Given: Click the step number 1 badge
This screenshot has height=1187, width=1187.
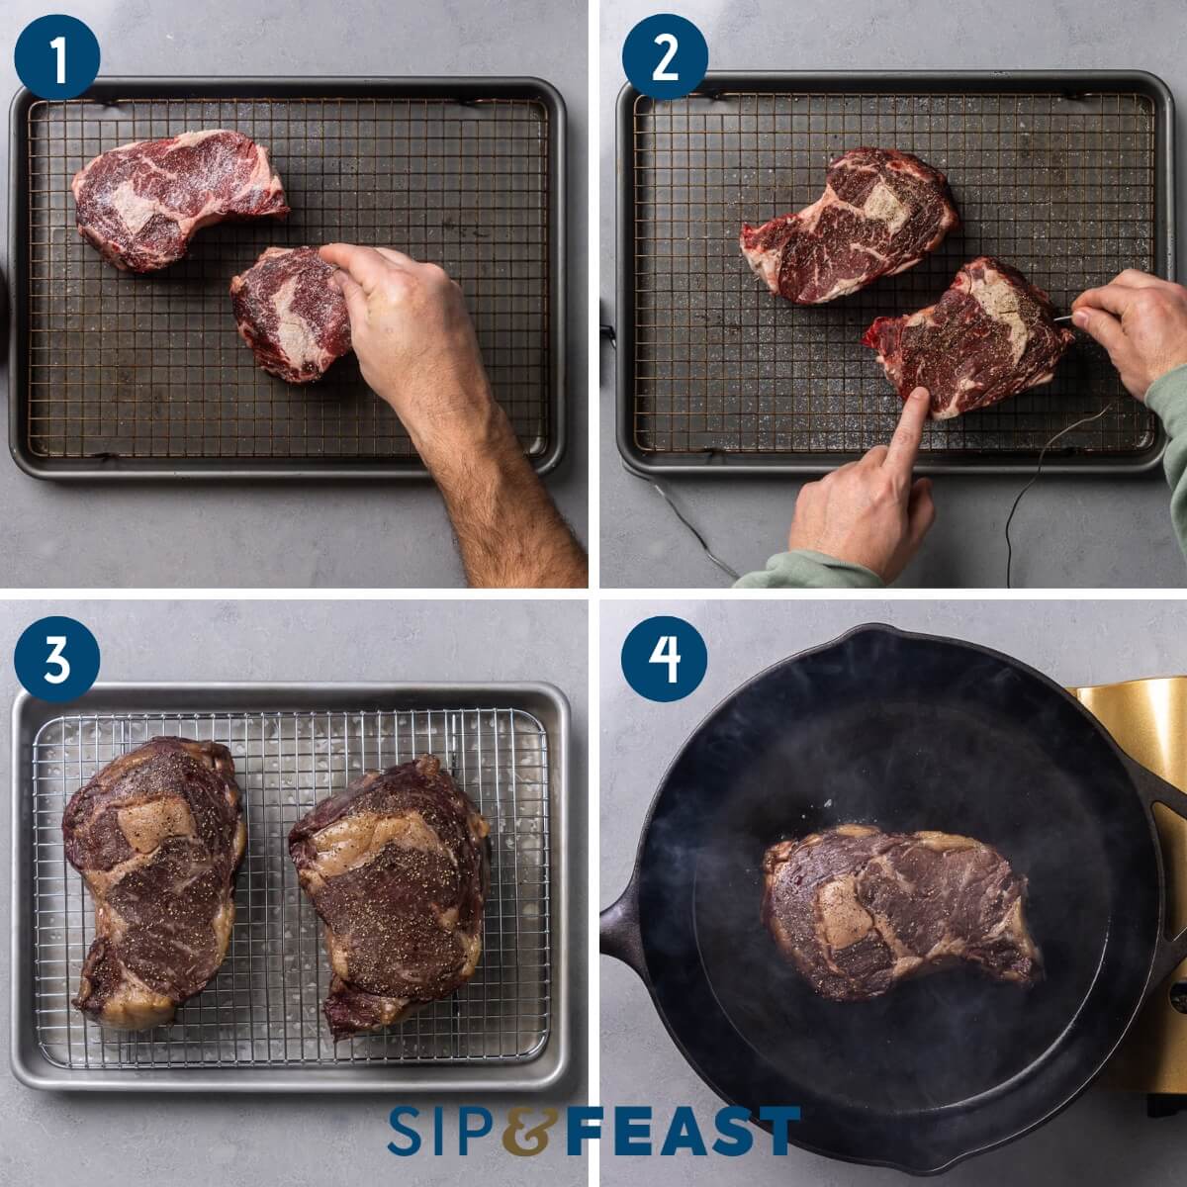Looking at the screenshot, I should tap(56, 57).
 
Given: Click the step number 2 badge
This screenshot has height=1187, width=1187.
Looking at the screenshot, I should tap(665, 57).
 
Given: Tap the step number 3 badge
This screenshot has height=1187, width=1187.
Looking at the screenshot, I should tap(56, 658).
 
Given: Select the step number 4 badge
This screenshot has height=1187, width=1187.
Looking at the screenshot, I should tap(665, 658).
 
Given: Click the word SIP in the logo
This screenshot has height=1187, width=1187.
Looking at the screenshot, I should tap(440, 1131).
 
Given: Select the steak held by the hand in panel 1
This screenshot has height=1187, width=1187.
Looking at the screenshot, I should tap(287, 312).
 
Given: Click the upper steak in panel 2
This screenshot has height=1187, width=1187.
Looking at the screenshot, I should tap(851, 223).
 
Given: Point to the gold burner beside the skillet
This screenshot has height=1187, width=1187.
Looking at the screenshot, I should tap(1138, 722).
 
